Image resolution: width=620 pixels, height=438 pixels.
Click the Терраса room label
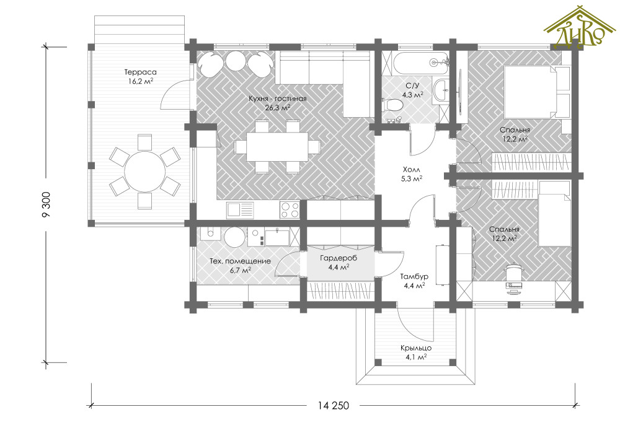140,72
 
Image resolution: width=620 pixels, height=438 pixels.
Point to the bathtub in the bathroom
420,63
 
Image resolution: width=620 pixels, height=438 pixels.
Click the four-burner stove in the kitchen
290,210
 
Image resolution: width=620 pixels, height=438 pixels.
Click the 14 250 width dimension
334,406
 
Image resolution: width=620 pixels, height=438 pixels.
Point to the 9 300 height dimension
46,204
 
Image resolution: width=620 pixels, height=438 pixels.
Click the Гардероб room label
338,258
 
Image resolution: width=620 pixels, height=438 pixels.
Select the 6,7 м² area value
240,270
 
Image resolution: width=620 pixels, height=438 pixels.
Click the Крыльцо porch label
415,348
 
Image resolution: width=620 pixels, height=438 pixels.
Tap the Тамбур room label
414,276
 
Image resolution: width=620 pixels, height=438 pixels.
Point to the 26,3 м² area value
277,107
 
